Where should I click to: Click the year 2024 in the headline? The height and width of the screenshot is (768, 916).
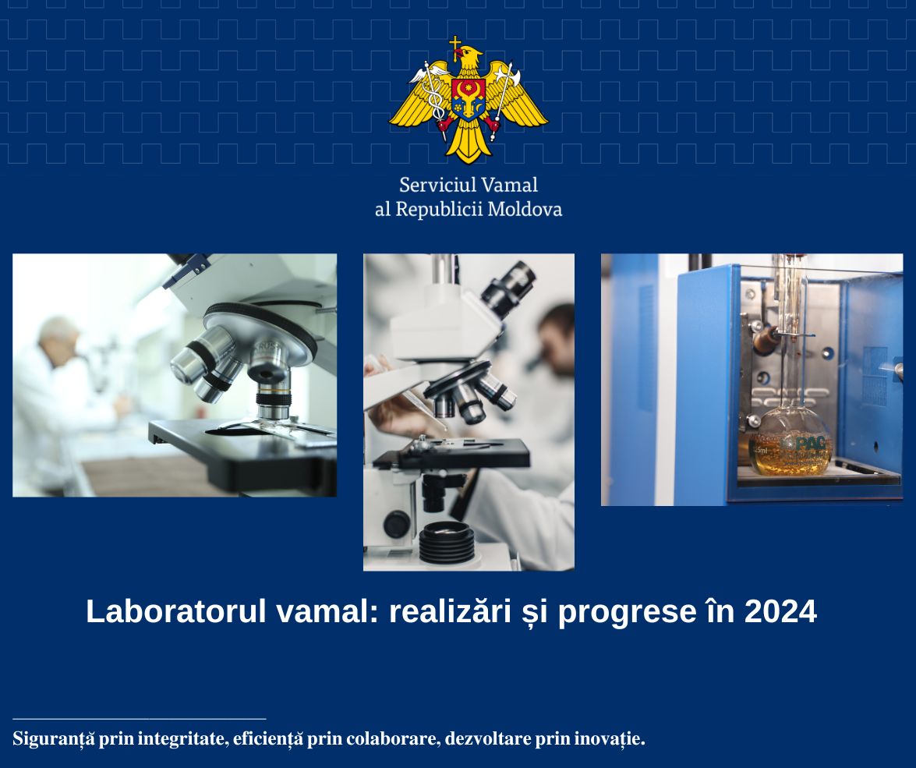click(780, 611)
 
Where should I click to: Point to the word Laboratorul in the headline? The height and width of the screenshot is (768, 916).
click(176, 611)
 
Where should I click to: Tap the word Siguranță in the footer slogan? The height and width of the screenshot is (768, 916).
click(53, 739)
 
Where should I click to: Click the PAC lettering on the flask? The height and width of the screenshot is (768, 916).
click(810, 444)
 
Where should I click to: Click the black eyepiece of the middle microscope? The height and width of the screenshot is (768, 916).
click(508, 288)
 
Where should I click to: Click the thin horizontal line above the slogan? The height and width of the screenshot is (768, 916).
click(139, 718)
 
